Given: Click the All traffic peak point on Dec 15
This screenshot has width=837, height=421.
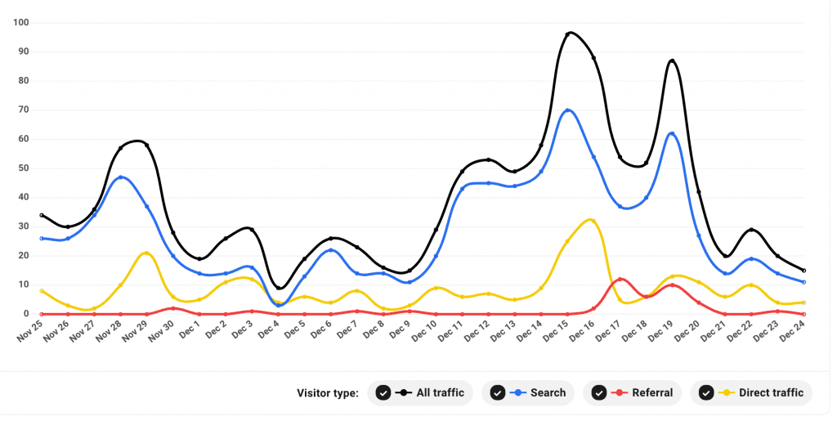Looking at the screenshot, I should [568, 34].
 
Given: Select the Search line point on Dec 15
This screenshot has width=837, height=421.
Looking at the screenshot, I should [568, 110].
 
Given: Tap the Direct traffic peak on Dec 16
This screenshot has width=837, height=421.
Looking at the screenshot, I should [593, 221].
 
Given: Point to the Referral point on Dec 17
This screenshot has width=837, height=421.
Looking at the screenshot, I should [620, 280].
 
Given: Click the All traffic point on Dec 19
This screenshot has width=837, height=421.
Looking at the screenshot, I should [672, 61].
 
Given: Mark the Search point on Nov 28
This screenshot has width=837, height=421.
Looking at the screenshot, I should [121, 177].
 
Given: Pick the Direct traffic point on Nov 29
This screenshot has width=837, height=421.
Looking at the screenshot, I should [146, 253].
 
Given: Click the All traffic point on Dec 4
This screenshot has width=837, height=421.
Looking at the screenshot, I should [279, 288].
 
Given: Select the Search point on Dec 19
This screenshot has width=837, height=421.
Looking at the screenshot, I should [672, 134].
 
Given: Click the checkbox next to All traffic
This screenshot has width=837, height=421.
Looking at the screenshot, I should [383, 393].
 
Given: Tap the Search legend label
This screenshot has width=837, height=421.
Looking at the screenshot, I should [548, 393].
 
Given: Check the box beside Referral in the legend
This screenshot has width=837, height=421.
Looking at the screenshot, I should [599, 393].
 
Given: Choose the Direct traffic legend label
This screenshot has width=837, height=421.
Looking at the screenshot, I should [771, 393].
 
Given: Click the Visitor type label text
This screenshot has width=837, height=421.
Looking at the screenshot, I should [327, 393].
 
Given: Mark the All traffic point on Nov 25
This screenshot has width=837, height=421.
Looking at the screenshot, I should [42, 216].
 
